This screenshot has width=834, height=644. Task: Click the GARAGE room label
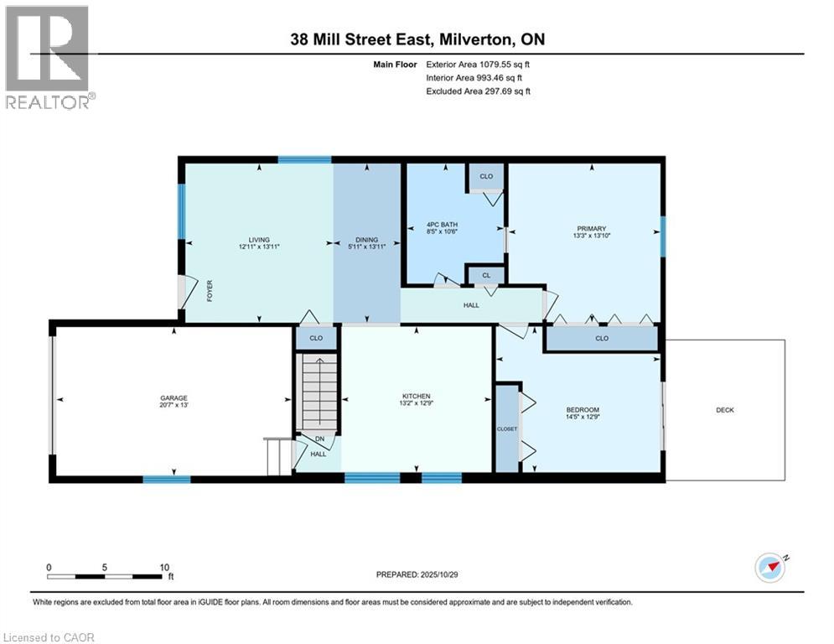click(174, 398)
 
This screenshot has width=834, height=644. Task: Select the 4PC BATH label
click(421, 225)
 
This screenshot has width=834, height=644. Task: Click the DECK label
click(725, 410)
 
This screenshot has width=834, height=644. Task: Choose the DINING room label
click(366, 240)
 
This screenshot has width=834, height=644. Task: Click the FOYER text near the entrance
click(210, 290)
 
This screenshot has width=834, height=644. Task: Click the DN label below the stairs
click(319, 439)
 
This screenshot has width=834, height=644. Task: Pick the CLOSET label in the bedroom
click(507, 428)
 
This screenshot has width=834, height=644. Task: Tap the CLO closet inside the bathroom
click(486, 177)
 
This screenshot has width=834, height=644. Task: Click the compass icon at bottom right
click(770, 567)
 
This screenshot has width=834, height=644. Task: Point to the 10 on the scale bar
click(165, 567)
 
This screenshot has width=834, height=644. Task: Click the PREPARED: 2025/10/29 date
click(417, 574)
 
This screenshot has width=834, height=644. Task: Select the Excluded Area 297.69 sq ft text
click(479, 91)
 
